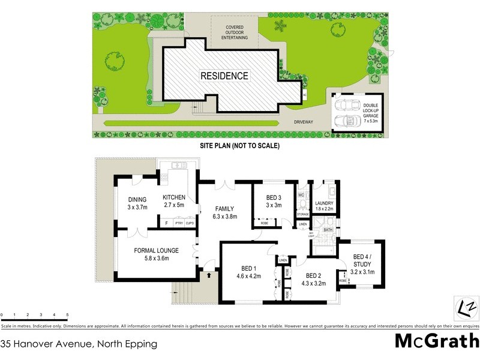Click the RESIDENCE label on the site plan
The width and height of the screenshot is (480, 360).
224,76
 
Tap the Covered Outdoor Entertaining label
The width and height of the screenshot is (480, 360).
234,32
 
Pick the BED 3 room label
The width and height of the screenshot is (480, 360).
274,201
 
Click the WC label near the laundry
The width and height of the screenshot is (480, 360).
302,195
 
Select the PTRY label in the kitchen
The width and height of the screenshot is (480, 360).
179,223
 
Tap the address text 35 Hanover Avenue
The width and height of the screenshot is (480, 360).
79,344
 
